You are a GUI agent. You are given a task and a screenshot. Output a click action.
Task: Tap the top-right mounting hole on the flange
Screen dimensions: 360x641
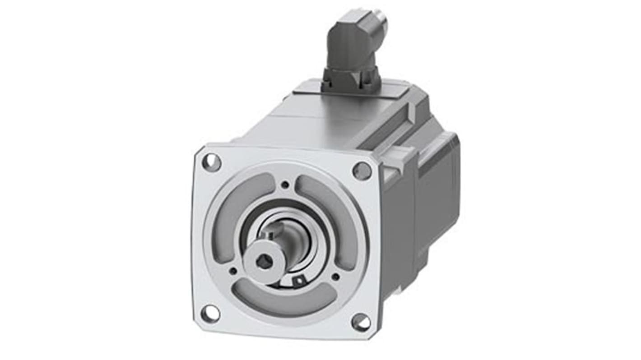362,171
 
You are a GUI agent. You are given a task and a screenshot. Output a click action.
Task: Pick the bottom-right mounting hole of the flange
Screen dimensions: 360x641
361,322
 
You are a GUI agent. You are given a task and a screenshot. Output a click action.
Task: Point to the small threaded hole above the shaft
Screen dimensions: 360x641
285,185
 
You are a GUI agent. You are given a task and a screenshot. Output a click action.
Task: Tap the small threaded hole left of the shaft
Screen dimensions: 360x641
233,271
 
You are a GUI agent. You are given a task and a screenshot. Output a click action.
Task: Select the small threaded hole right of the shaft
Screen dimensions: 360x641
335,277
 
